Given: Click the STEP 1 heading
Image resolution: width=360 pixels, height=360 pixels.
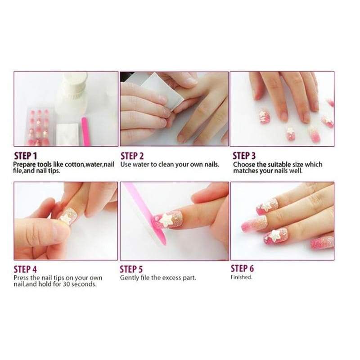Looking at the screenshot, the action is [26, 156].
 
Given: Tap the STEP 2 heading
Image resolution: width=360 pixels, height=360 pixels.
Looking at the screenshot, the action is [132, 156].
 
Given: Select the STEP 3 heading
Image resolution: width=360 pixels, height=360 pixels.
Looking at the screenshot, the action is [244, 156].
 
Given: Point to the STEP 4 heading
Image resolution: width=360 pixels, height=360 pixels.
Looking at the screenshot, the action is [25, 269].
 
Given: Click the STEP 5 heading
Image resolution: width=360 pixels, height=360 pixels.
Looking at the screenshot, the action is [131, 269].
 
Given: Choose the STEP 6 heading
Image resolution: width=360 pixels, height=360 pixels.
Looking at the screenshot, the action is [242, 268].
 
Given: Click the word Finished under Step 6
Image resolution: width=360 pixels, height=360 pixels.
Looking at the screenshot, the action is [241, 277].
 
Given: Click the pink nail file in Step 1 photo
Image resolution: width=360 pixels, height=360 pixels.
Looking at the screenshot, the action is [85, 131].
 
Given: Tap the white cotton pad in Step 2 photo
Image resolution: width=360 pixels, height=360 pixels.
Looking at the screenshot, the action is [162, 90].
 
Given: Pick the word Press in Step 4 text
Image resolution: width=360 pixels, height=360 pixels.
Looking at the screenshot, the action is [21, 278].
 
